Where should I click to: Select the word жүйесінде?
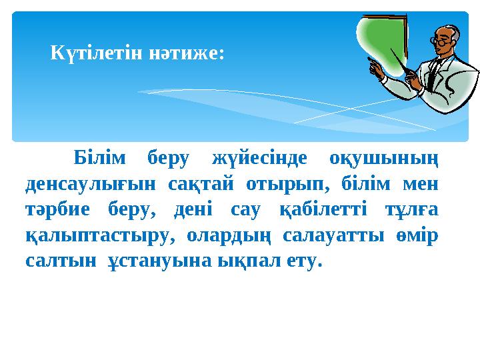pos(259,159)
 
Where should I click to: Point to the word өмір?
pos(417,235)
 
